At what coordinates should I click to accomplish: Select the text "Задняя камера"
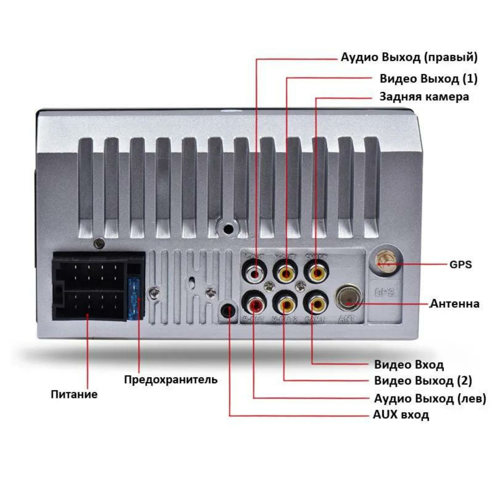point(424,97)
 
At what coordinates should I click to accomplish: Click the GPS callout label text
point(461,265)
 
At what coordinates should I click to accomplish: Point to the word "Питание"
point(74,395)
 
